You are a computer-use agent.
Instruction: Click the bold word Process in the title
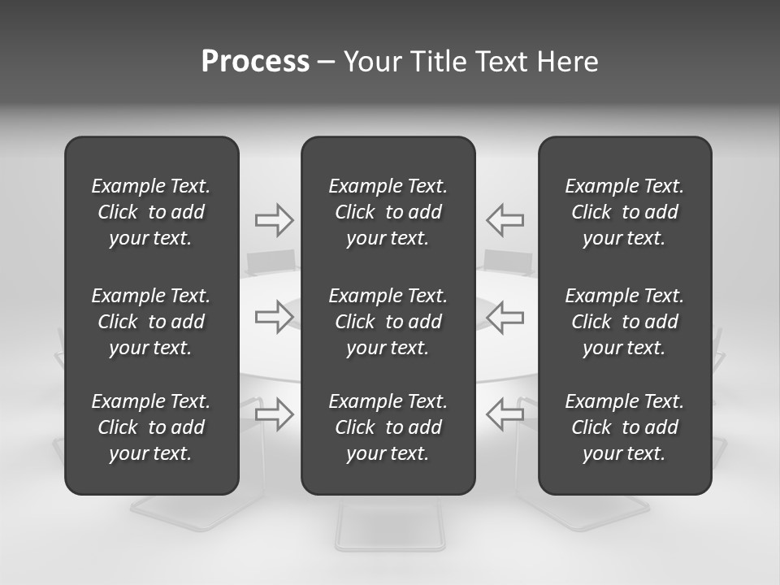click(255, 62)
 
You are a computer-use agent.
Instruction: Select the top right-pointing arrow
click(274, 220)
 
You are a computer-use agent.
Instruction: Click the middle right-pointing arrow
click(274, 316)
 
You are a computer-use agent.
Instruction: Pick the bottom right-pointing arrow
click(274, 414)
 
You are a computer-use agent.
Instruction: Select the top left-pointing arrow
click(505, 220)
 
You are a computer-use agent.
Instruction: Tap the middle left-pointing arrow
click(505, 316)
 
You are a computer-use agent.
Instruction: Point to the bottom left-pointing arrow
click(505, 414)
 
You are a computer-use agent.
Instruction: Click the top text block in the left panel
click(151, 212)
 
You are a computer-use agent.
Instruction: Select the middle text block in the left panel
click(151, 322)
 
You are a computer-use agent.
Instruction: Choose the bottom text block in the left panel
click(151, 427)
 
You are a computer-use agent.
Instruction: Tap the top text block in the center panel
click(388, 212)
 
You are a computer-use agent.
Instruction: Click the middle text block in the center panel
click(388, 322)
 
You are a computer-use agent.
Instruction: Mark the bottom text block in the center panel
click(388, 427)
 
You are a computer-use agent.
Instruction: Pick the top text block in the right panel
click(624, 212)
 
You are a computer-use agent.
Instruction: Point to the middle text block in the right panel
click(624, 322)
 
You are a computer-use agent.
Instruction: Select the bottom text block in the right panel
click(624, 427)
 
